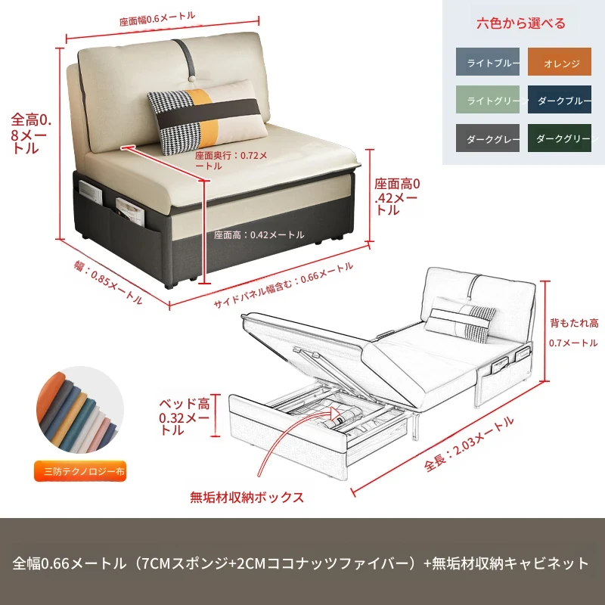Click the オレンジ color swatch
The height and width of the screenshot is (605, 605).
(560, 62)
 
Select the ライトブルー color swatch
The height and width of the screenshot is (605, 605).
(488, 62)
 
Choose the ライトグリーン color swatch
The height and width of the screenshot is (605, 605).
(488, 100)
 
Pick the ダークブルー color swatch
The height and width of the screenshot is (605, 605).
(560, 100)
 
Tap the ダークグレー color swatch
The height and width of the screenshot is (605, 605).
(488, 138)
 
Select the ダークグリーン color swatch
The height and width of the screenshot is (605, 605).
(560, 138)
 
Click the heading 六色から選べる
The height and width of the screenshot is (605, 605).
(521, 23)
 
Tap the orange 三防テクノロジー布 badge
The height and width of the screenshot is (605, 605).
(80, 471)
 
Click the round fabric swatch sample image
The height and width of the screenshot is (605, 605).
(80, 410)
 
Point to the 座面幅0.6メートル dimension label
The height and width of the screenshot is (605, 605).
(157, 19)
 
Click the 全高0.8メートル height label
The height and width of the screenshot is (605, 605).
(31, 134)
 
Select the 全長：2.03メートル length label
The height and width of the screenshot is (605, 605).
(469, 444)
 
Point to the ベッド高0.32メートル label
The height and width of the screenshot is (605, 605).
(185, 417)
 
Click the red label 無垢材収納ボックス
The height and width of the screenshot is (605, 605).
(247, 498)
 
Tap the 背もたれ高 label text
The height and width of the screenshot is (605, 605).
(574, 323)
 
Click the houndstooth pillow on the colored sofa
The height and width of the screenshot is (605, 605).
(207, 117)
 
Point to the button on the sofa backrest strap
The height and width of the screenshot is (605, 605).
(191, 79)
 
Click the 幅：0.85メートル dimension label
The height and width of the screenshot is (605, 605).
(108, 282)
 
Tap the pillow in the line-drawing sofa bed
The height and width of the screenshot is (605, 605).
(460, 319)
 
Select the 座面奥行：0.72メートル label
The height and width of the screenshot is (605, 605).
(231, 160)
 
